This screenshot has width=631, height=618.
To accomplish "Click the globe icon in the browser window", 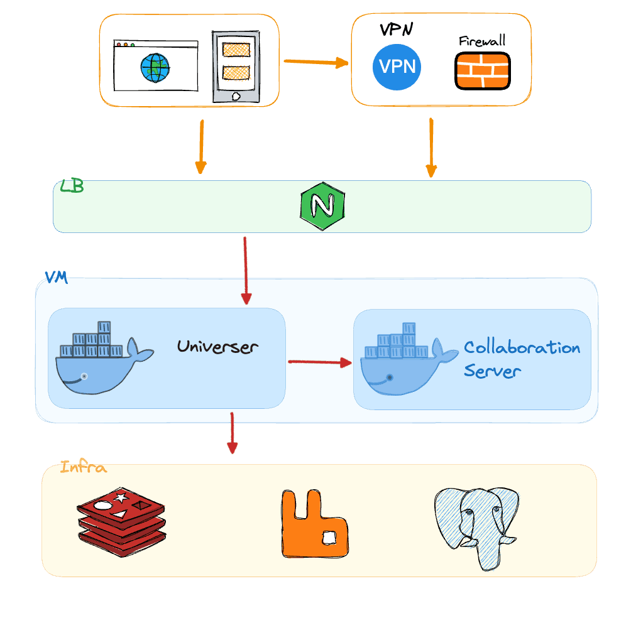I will tap(155, 67).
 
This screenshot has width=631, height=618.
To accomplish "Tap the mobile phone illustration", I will tap(236, 67).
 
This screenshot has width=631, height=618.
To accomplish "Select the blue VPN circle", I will tap(397, 66).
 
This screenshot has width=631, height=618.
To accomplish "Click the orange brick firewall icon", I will tap(482, 70).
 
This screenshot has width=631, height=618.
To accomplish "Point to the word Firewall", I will tap(481, 41).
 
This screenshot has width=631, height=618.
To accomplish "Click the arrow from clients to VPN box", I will tap(315, 62).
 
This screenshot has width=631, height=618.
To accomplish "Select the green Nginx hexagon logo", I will tap(322, 207).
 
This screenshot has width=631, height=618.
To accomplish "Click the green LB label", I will tap(72, 187).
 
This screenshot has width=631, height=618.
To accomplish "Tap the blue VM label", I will tap(56, 277).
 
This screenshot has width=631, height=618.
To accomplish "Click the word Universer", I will tap(217, 346).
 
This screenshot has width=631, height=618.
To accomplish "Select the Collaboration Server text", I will tap(521, 359).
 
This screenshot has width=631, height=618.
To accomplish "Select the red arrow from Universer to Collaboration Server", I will tap(319, 362).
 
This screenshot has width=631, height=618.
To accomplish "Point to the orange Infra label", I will tap(83, 467).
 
